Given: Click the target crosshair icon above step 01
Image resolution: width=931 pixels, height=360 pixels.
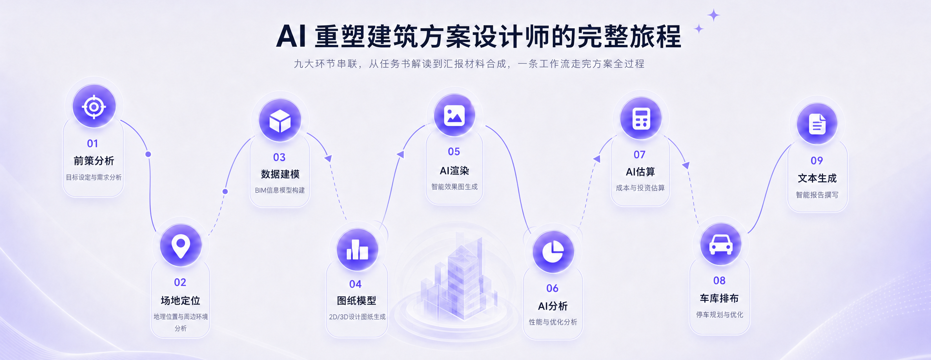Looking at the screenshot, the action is pos(94,107).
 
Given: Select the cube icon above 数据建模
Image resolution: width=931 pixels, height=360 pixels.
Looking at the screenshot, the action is pos(280,121).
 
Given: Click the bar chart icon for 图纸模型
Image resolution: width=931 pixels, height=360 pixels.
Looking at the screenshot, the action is pos(357,250).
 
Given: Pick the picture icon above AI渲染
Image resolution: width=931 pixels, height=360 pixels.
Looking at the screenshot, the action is pos(454,115).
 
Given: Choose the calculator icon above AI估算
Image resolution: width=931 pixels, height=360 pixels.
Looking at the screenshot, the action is pos(641,119).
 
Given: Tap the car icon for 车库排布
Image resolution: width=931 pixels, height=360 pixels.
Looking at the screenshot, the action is pos(721,245).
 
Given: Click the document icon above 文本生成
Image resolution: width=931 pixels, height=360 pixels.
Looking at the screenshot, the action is pos(817,124).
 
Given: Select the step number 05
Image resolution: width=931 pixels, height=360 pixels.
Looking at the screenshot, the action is pos(454,151).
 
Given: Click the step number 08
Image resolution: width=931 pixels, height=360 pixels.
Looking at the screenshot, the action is pos(719,280).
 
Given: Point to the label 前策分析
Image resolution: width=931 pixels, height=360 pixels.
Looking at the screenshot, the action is pos(94,161).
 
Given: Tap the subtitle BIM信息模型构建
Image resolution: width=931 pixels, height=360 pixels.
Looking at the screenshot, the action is pos(280,190).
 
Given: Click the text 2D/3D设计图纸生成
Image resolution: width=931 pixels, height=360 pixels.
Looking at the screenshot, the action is pos(357,317).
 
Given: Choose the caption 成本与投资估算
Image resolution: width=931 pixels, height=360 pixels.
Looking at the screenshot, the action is pos(640,188).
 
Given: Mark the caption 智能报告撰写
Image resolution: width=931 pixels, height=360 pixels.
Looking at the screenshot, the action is pos(817,195).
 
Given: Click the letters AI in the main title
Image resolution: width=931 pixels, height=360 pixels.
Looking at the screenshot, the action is pos(290,36).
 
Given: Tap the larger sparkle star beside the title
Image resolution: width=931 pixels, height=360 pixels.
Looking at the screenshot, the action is pos(714,15).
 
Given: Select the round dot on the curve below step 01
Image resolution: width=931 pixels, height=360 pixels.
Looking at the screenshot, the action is pos(148,155).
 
